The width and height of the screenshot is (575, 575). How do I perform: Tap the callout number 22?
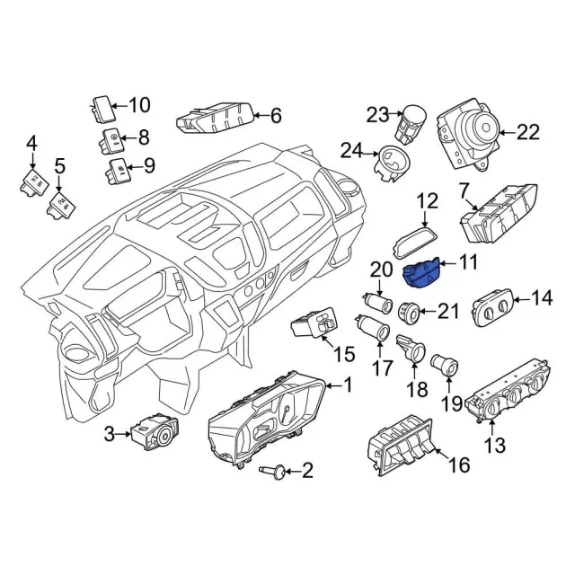527,133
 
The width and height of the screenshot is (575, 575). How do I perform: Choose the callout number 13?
495,443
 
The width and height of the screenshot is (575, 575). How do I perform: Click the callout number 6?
275,115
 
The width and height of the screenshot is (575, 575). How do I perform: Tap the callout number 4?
32,142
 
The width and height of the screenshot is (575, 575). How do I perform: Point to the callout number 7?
464,191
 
